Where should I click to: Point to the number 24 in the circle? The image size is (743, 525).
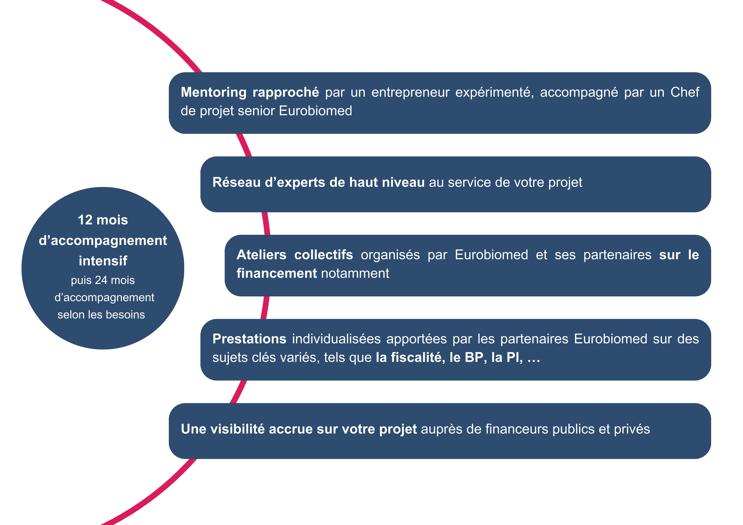point(101,280)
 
